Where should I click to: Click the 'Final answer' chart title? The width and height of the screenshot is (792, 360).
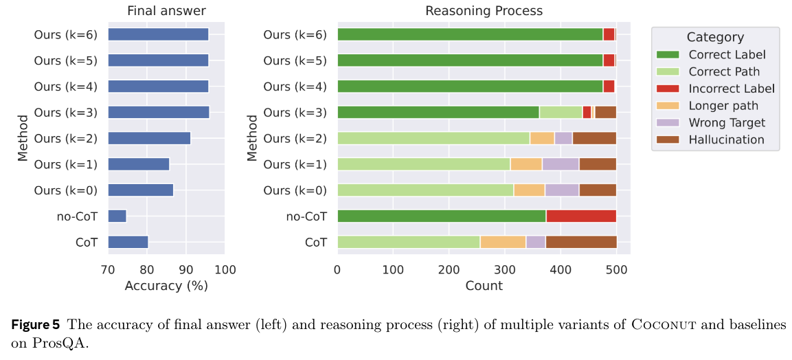(166, 11)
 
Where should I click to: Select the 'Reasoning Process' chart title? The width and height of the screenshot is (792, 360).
(484, 11)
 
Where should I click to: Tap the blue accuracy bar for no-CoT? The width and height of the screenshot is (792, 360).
(117, 216)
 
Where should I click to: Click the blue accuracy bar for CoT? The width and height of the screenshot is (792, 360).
(128, 242)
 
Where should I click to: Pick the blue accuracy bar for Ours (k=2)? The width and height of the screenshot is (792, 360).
(149, 138)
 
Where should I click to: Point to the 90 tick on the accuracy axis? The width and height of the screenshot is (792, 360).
(185, 269)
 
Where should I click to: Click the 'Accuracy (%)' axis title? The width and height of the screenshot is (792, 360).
(166, 286)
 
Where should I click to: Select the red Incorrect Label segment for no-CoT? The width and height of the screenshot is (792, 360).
(580, 216)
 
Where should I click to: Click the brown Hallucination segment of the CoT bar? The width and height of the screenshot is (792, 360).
(580, 242)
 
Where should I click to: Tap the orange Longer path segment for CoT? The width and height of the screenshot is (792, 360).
(503, 242)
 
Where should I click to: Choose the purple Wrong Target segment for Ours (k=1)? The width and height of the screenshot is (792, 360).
(561, 164)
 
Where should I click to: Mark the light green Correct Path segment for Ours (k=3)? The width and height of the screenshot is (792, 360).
(561, 113)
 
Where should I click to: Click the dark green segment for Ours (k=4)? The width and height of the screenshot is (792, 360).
(470, 87)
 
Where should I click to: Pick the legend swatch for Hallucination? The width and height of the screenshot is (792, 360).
(669, 139)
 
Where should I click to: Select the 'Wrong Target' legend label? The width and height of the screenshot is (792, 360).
(727, 123)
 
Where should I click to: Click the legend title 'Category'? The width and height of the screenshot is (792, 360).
(715, 38)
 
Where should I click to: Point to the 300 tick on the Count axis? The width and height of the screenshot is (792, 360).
(504, 269)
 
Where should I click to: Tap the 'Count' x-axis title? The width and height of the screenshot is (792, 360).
(484, 286)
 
